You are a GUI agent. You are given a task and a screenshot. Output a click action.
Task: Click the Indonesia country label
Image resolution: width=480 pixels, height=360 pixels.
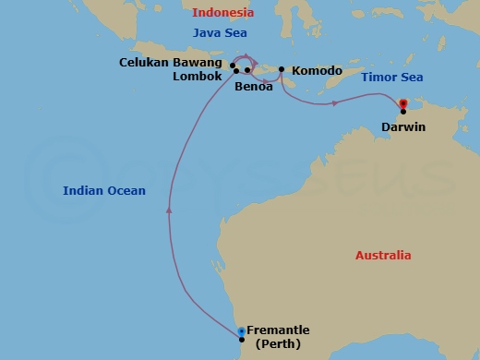(x=222, y=12)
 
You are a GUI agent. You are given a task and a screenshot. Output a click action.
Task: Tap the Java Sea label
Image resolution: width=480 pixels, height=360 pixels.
(x=220, y=33)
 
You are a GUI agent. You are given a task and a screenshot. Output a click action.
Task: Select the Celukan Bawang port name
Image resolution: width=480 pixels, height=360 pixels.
(x=172, y=63)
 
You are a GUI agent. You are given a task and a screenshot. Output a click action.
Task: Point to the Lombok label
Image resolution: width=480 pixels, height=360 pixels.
(x=198, y=77)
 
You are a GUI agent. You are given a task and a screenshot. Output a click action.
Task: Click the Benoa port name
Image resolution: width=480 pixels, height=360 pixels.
(x=254, y=86)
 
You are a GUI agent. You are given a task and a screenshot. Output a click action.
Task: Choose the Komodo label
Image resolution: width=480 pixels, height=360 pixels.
(x=317, y=70)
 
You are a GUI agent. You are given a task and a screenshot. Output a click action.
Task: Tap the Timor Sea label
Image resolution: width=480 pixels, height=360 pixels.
(x=391, y=78)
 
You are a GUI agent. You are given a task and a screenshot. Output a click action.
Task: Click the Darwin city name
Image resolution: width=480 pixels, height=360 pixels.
(x=402, y=126)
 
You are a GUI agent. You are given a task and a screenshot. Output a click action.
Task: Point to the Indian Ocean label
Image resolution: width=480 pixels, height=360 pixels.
(x=104, y=190)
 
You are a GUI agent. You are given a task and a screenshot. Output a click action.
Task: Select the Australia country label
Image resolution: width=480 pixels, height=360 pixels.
(x=383, y=255)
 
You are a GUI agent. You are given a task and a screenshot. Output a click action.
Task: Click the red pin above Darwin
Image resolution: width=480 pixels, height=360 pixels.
(x=402, y=102)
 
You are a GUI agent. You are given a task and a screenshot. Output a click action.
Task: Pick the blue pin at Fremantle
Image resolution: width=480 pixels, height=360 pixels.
(x=241, y=330)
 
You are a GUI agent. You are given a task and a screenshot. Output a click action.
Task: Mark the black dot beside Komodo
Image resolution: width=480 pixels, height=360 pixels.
(x=282, y=69)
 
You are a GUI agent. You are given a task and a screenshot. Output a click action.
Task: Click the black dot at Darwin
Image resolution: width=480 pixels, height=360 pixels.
(x=403, y=112)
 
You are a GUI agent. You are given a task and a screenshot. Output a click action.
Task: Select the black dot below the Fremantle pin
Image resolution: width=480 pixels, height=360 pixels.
(x=241, y=340)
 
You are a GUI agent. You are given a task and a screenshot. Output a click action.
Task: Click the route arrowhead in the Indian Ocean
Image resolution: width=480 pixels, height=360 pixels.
(x=169, y=210)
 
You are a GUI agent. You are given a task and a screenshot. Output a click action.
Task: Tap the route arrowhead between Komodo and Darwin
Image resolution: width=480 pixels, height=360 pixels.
(x=334, y=102)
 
